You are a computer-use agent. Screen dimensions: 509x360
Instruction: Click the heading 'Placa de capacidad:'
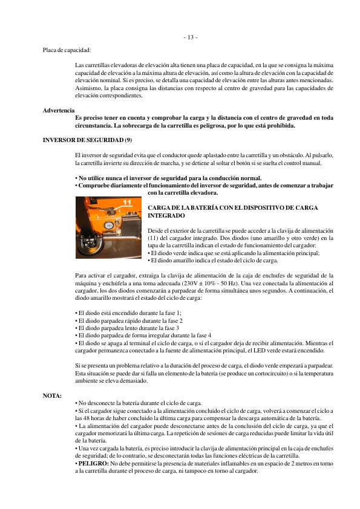coord(67,50)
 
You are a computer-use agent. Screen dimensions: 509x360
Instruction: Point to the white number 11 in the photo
coord(128,202)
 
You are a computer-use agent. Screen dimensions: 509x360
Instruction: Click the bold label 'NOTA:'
coord(52,395)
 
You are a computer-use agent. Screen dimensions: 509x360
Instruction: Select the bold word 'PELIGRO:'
coord(91,463)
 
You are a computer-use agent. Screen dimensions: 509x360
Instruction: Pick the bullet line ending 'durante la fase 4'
coord(143,334)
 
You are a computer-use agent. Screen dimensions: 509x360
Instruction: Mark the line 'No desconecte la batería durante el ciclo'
coord(136,403)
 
